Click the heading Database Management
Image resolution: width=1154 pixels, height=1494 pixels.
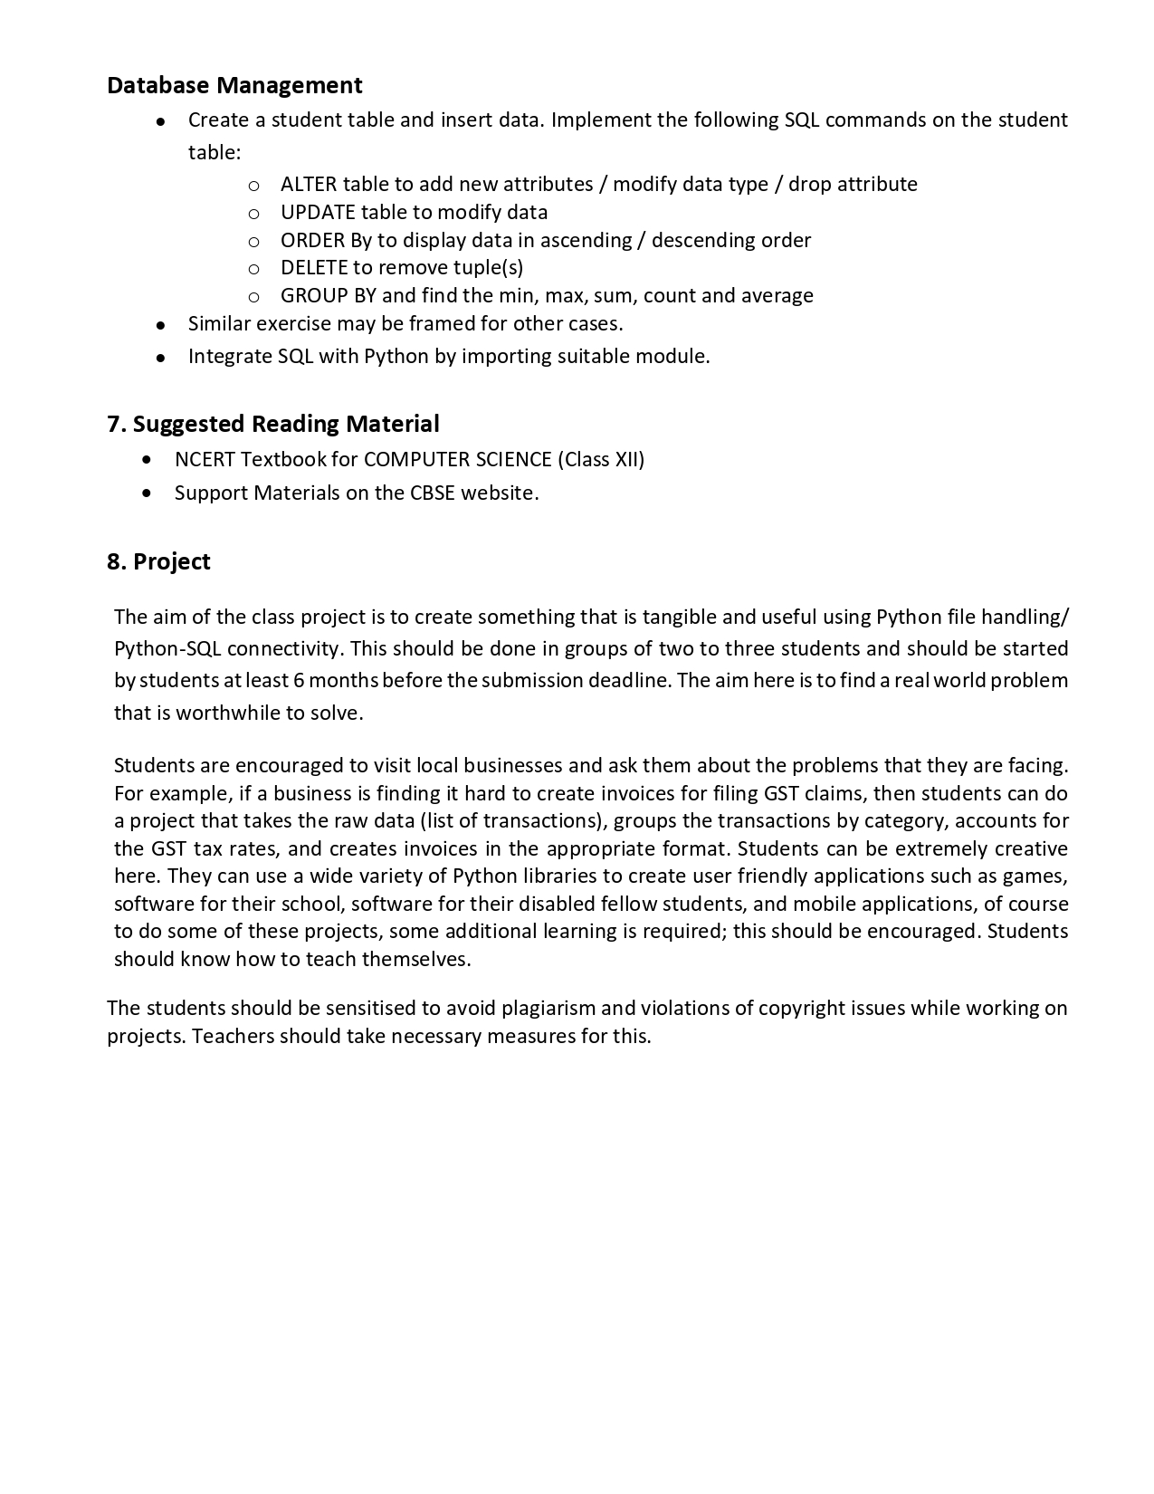click(234, 85)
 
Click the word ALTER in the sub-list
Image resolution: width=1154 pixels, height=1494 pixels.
click(309, 185)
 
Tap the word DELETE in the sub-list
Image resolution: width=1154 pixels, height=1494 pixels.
click(314, 268)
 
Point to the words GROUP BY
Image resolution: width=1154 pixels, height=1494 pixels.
click(329, 296)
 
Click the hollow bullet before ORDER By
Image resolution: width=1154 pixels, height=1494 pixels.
click(254, 242)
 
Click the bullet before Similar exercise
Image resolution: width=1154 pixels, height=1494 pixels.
click(160, 325)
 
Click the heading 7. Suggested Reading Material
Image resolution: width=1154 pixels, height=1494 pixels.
click(273, 424)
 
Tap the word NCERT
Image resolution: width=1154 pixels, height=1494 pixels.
click(205, 460)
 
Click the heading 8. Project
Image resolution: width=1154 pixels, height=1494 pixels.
click(158, 561)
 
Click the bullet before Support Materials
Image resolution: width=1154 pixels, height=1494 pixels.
click(148, 493)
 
